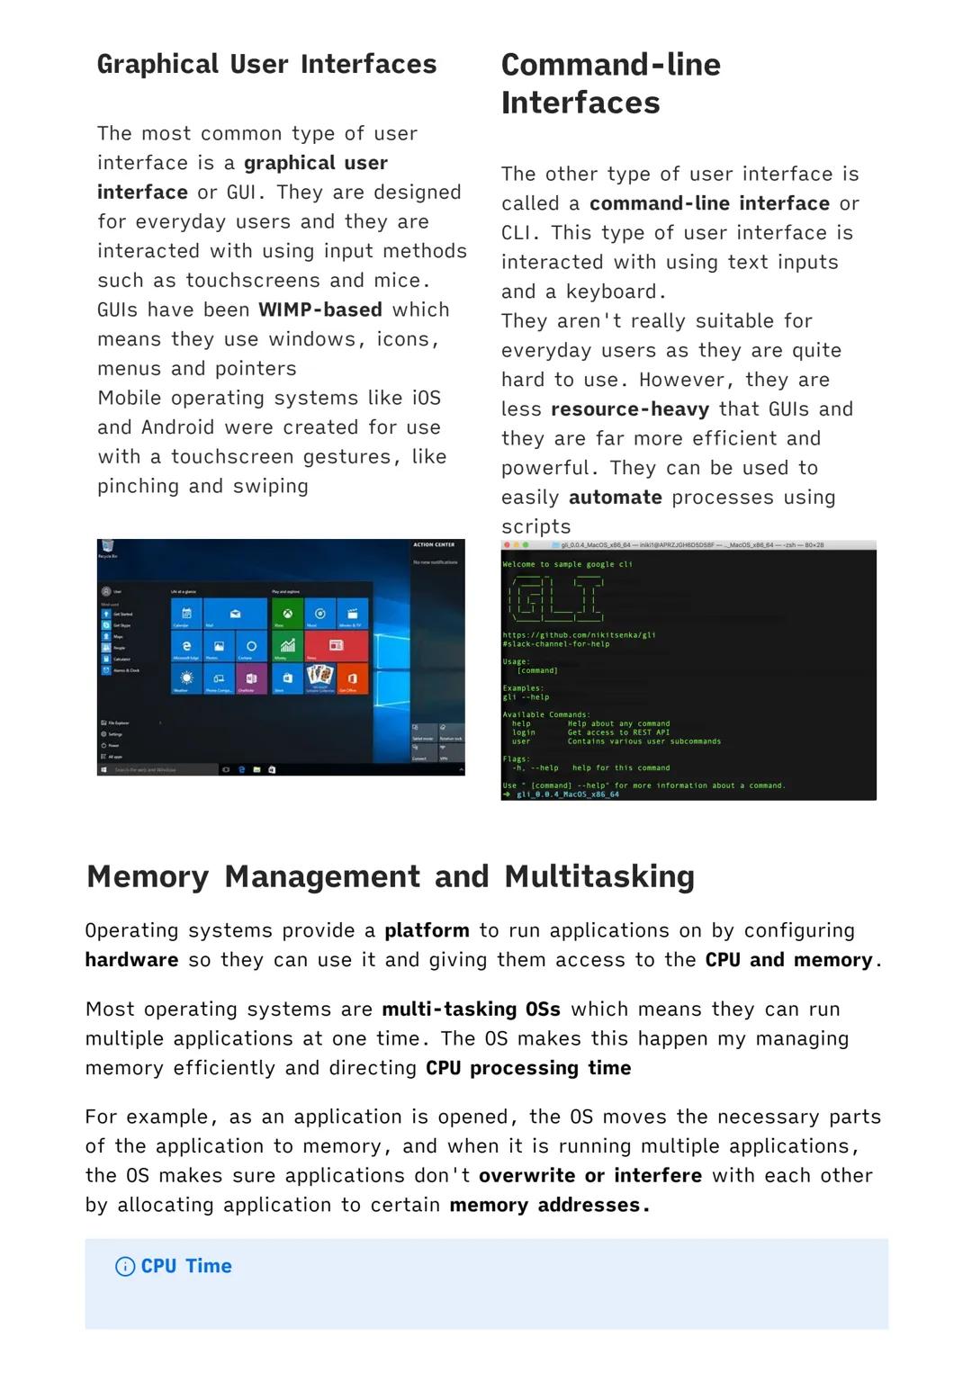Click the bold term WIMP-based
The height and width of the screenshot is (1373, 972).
point(319,310)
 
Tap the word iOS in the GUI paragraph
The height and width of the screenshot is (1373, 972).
point(427,399)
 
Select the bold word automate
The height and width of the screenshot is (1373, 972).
point(615,498)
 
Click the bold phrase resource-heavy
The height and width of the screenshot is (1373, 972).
point(629,409)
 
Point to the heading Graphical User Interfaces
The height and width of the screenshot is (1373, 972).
point(266,65)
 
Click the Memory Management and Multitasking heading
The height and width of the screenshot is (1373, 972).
point(390,876)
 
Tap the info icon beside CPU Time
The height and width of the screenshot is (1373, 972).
point(125,1267)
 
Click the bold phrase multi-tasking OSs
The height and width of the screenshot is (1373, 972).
point(471,1010)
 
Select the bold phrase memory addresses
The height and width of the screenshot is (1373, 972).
point(548,1206)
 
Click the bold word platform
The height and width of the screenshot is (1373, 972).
point(427,931)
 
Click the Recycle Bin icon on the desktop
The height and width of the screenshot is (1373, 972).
point(108,548)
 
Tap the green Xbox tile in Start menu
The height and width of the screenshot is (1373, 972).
point(287,614)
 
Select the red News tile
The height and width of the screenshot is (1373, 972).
point(336,645)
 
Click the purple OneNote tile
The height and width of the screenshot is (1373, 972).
point(251,678)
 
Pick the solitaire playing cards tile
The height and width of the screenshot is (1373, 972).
point(319,677)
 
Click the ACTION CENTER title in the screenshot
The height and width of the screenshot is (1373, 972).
point(433,545)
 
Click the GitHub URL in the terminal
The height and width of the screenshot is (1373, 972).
point(578,635)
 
